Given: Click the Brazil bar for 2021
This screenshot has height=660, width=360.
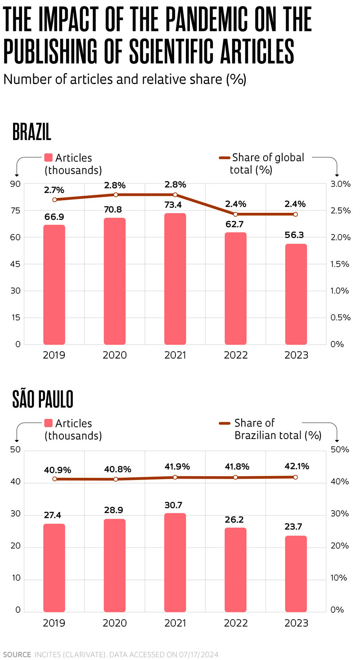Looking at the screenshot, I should tap(175, 279).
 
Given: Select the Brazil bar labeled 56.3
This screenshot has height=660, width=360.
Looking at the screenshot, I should tap(296, 294).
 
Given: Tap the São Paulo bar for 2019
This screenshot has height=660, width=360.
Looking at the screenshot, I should tap(54, 568).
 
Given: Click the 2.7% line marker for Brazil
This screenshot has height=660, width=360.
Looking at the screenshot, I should tap(54, 199).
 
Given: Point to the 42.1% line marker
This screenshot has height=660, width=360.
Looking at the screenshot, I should tap(296, 477).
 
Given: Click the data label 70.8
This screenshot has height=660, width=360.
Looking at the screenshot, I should tap(115, 209).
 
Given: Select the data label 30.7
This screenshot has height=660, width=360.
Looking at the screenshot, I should tap(175, 505).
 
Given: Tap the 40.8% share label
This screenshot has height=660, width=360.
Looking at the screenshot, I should tap(114, 470).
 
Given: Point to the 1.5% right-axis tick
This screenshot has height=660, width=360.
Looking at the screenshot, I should tap(340, 264).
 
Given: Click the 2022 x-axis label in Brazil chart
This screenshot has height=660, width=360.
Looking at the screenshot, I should tap(235, 355).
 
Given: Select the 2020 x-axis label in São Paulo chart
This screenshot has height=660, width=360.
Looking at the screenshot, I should tap(115, 623).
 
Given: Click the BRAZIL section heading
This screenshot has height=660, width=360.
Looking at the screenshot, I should tap(32, 132).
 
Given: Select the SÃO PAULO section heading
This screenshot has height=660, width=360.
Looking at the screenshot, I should tap(43, 399).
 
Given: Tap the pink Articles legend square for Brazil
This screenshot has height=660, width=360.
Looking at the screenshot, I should tap(49, 157).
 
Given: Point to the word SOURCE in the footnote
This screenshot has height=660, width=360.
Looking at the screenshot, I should tap(17, 654).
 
